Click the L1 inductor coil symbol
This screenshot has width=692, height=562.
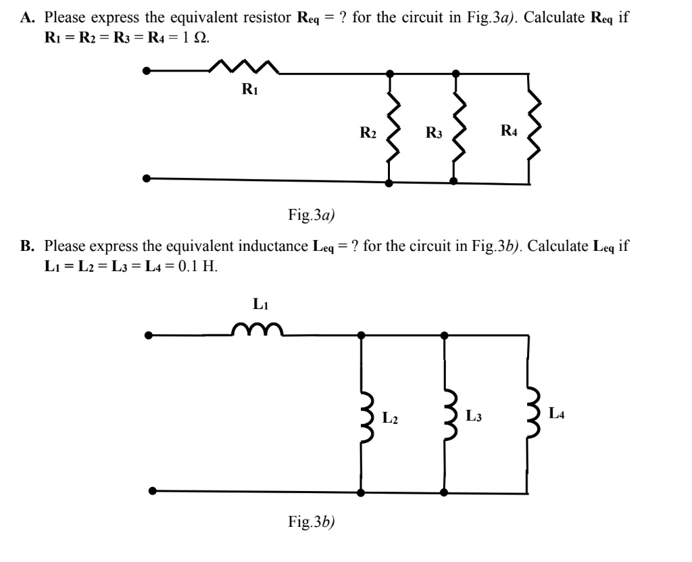pyautogui.click(x=255, y=329)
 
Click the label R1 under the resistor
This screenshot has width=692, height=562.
pyautogui.click(x=249, y=91)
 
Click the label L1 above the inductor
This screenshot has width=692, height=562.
pyautogui.click(x=260, y=305)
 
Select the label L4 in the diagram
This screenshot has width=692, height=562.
pyautogui.click(x=557, y=412)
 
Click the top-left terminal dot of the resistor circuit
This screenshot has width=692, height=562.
pyautogui.click(x=147, y=70)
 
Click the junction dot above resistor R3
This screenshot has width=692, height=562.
pyautogui.click(x=456, y=72)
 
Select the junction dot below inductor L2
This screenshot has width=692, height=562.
pyautogui.click(x=362, y=492)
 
